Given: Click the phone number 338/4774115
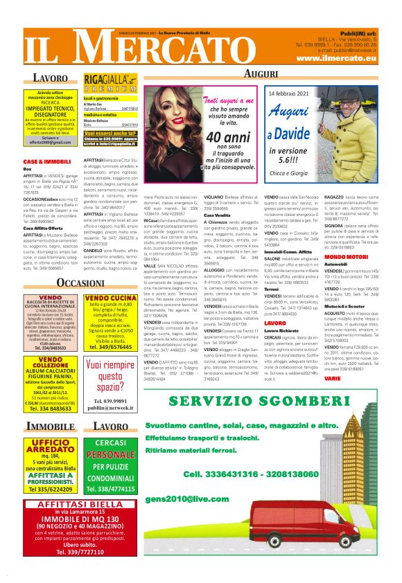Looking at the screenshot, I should click(x=110, y=490).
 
